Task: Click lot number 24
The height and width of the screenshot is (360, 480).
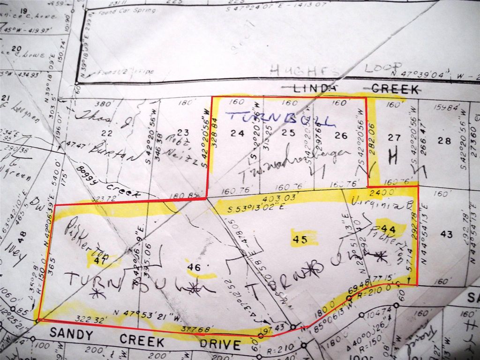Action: click(x=238, y=134)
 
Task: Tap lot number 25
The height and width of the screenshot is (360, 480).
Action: click(x=288, y=133)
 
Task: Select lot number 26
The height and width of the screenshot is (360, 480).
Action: click(x=341, y=136)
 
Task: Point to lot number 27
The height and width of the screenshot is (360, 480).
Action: click(x=394, y=138)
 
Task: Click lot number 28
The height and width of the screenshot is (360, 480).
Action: click(x=443, y=140)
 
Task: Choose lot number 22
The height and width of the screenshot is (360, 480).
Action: click(x=107, y=134)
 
